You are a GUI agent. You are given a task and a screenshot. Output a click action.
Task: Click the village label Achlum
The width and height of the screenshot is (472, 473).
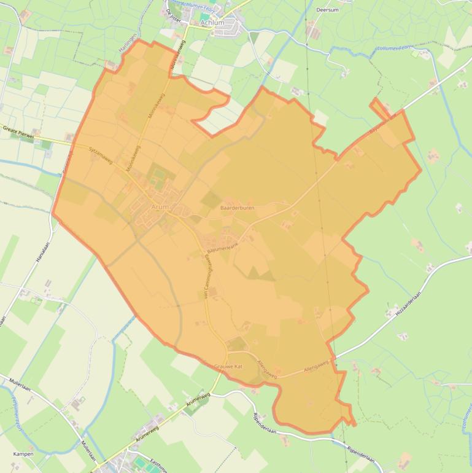coord(212,23)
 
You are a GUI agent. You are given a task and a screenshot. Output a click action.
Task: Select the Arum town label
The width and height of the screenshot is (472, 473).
coord(159,208)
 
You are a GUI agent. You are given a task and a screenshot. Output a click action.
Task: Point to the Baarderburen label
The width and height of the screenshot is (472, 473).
coord(237,208)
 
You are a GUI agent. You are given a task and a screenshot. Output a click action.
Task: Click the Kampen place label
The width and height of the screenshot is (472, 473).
coord(23,454)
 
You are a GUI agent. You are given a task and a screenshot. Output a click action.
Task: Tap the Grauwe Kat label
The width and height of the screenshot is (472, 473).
coord(230,366)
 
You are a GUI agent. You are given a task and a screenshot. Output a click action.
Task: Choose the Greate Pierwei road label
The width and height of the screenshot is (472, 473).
coord(18,131)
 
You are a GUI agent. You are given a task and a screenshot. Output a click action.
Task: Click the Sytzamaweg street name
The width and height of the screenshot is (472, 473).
coord(101,151)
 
